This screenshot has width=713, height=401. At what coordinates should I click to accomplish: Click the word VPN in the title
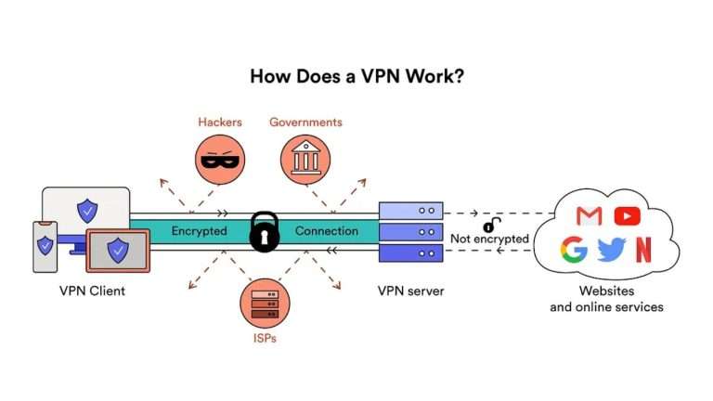coord(381,76)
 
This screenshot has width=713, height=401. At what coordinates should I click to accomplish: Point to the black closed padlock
coord(264,231)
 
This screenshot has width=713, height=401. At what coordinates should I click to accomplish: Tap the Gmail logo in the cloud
coord(589,216)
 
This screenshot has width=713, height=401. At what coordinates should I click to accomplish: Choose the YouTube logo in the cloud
coord(628,216)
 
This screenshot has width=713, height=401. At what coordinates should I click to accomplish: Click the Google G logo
coord(574,251)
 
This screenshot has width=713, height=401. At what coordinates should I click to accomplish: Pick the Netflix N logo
coord(643,251)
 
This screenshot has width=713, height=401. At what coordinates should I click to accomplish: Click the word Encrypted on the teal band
coord(200,231)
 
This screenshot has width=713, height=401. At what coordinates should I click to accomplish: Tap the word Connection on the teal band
coord(326,231)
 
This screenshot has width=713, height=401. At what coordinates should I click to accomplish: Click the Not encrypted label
coord(489,239)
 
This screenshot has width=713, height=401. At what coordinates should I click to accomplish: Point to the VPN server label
coord(410,291)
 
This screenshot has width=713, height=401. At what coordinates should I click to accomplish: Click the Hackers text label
coord(219,123)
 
